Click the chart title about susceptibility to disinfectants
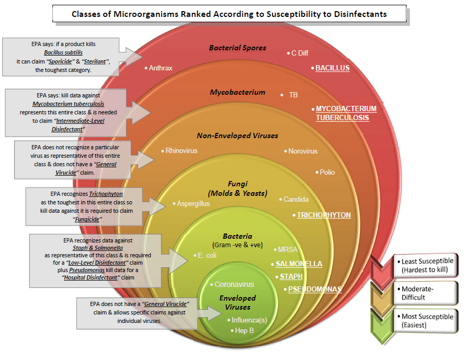229,14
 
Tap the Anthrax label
160,68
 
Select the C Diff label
300,53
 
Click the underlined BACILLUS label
332,68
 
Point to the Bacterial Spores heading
238,48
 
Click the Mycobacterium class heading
238,92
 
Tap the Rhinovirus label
181,151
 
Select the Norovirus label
303,151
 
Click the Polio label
327,172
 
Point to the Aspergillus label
193,203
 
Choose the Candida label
296,200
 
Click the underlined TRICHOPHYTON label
323,215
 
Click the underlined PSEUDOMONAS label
314,290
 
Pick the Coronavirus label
234,285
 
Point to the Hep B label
245,330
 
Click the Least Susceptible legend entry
428,265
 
